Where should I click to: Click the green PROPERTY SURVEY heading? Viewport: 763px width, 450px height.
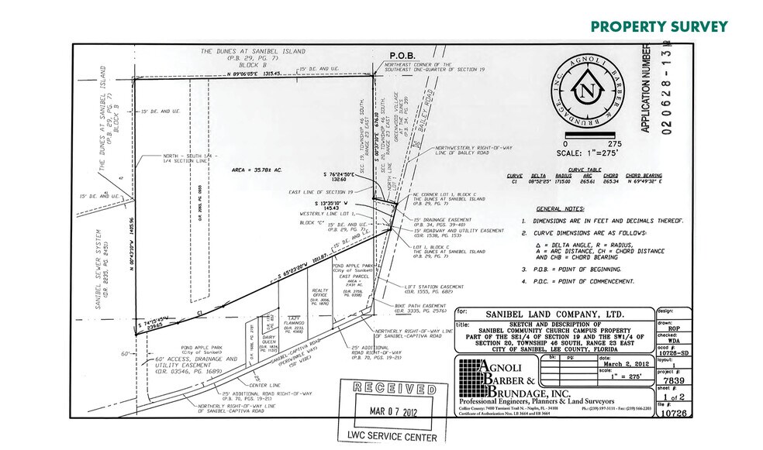click(x=659, y=26)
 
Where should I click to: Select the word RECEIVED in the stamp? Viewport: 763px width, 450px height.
click(x=388, y=390)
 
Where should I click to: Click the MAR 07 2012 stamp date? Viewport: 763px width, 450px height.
click(x=389, y=412)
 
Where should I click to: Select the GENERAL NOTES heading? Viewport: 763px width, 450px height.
click(x=561, y=209)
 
